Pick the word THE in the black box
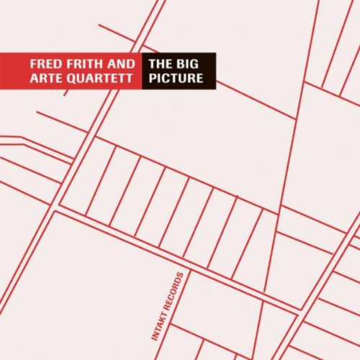[159, 63]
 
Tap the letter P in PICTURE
[153, 78]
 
